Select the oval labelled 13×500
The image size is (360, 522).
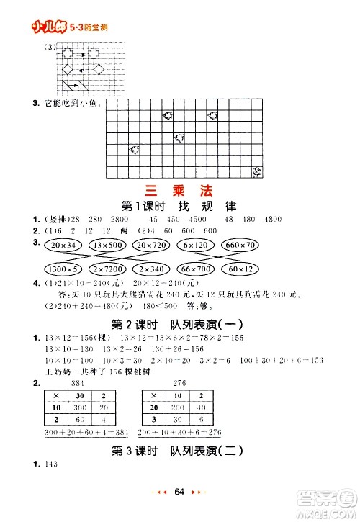click(109, 246)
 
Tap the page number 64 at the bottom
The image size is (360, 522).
click(180, 491)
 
